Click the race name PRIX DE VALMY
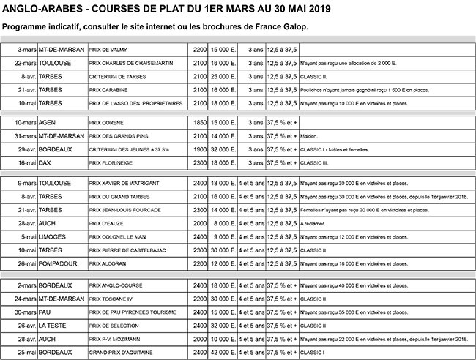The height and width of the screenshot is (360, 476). point(109,50)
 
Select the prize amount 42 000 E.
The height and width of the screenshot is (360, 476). point(225,353)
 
